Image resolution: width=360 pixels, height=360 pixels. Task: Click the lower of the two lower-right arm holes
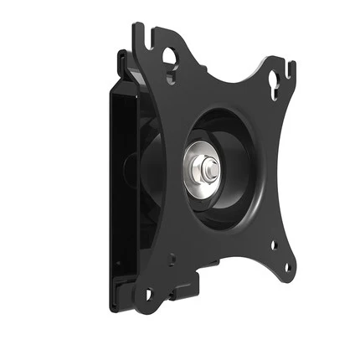point(288,268)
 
